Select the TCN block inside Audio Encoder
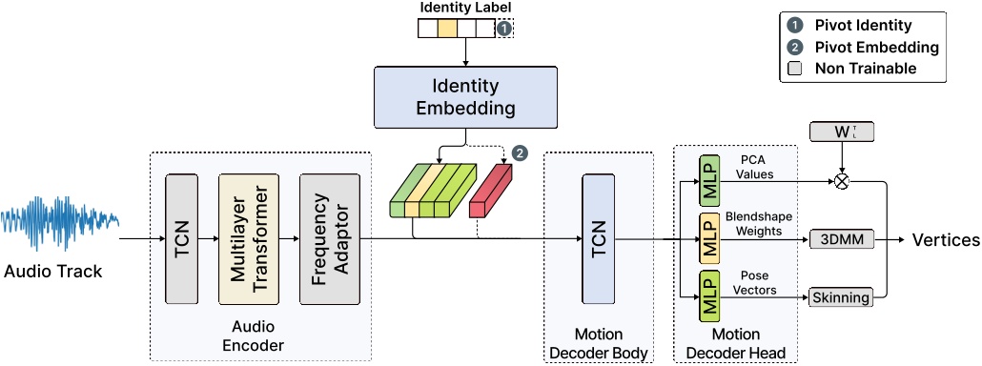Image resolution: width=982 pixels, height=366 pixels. tap(181, 238)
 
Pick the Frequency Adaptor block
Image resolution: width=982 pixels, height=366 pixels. tap(329, 238)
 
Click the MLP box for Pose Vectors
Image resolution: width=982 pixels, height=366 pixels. tap(709, 296)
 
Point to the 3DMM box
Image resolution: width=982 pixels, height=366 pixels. tap(840, 239)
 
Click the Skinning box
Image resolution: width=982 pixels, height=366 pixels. tap(840, 297)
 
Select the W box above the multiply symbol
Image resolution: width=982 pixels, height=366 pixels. tap(840, 132)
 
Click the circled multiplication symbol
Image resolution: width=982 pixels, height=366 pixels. tap(841, 180)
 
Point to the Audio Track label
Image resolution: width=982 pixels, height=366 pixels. tap(52, 273)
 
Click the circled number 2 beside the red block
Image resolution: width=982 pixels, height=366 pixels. tap(521, 152)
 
